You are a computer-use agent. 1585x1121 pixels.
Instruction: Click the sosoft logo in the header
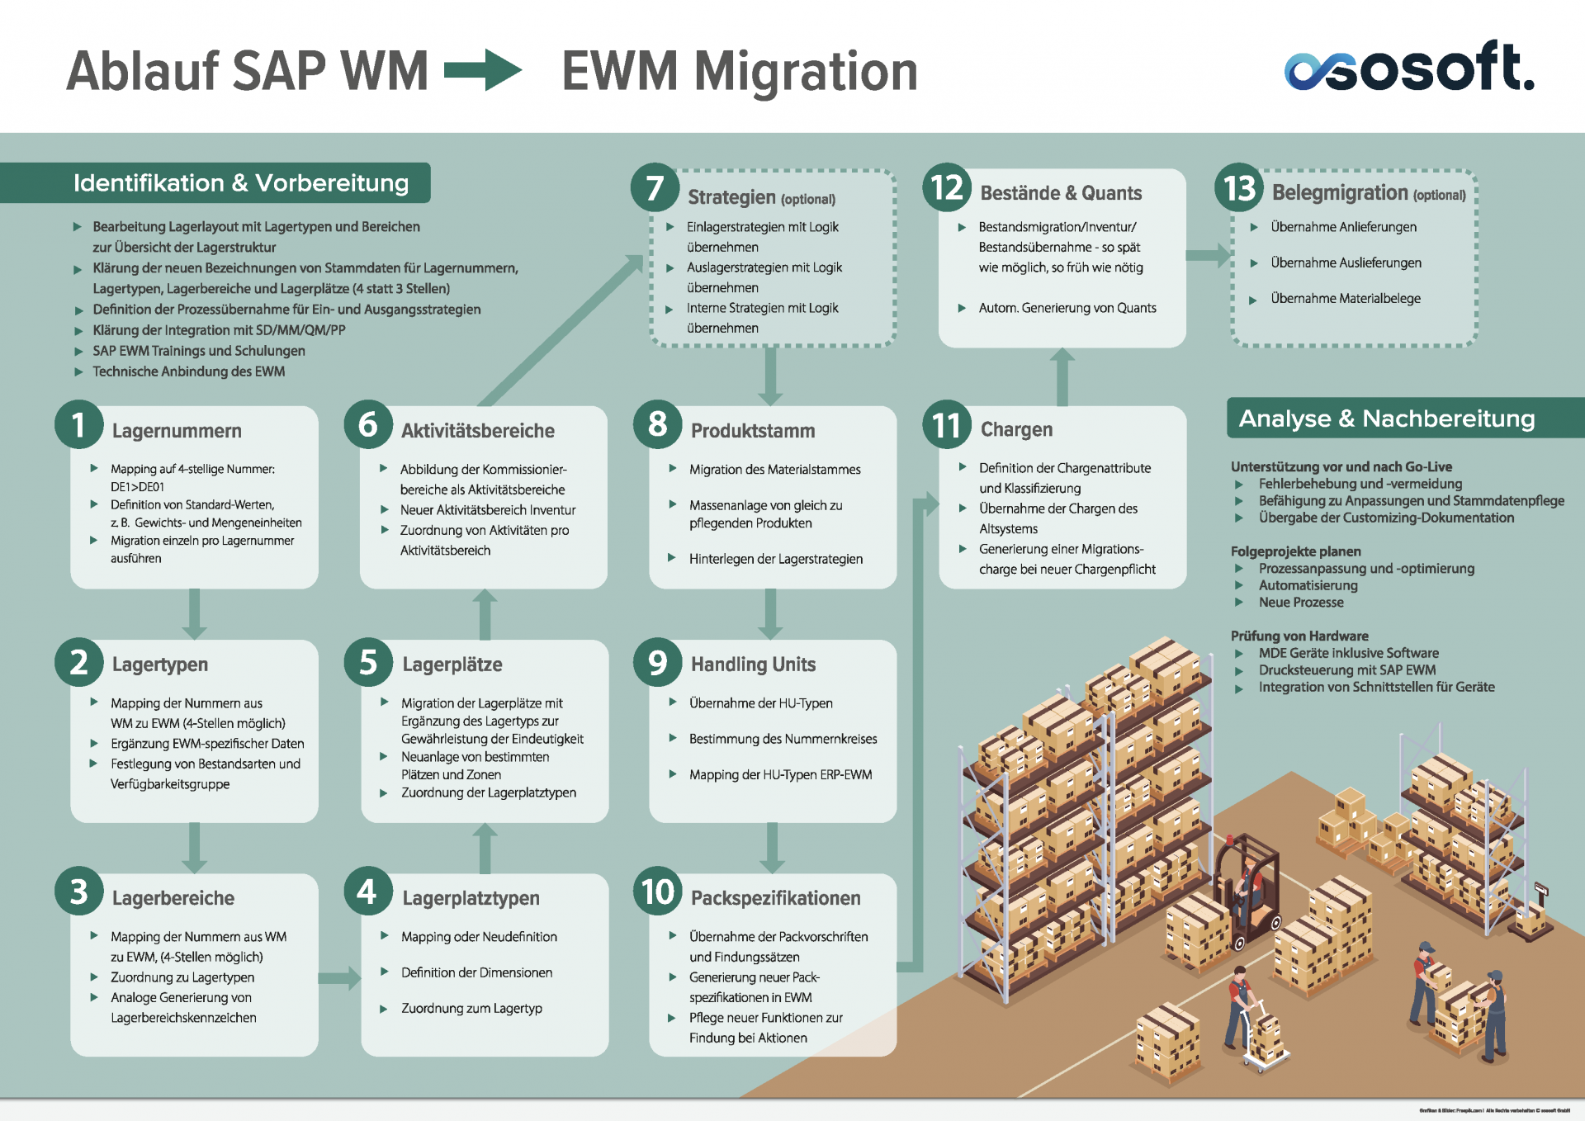(1409, 67)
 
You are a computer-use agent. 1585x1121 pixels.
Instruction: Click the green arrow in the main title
(483, 70)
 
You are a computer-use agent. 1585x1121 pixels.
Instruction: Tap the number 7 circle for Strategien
(655, 187)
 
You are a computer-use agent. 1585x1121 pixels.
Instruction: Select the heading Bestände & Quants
(1061, 193)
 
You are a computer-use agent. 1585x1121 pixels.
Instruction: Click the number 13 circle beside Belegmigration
(1239, 188)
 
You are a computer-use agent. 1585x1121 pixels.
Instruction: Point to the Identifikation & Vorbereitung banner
(240, 182)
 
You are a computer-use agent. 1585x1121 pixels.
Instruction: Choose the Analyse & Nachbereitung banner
(1387, 419)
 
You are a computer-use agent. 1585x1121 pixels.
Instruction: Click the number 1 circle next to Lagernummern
(79, 425)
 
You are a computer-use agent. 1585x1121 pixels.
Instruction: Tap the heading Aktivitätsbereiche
(477, 431)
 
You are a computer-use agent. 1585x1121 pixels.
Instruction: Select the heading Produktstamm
(753, 431)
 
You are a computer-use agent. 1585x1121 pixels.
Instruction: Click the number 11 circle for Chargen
(946, 425)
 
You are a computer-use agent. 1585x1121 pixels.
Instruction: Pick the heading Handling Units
(753, 665)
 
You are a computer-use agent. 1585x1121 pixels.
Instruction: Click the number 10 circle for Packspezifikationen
(657, 892)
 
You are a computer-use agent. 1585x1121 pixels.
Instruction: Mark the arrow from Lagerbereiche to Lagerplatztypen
(339, 978)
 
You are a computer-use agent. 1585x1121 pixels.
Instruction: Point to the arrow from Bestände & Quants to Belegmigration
(1208, 255)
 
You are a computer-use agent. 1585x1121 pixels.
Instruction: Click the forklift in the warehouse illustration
(1247, 892)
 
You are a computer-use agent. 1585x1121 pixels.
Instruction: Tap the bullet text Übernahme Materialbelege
(1346, 299)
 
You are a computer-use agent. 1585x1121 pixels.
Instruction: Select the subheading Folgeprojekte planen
(1295, 551)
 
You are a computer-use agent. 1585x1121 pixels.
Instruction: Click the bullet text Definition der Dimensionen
(476, 972)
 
